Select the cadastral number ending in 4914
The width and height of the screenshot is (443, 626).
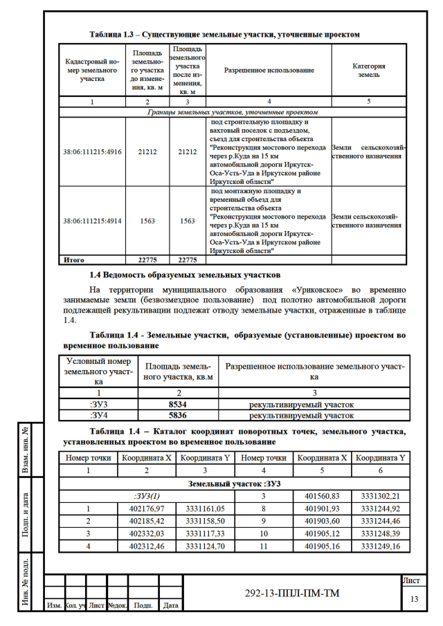coord(92,221)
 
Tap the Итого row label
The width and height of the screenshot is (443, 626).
coord(74,260)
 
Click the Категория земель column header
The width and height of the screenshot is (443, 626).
coord(368,70)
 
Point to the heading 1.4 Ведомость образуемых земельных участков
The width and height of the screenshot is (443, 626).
coord(185,275)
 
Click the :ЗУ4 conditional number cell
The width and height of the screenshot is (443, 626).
coord(98,415)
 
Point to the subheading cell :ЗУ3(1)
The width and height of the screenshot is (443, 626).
coord(147,496)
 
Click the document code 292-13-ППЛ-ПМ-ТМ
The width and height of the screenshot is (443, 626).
coord(293,593)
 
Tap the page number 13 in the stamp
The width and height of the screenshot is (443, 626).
coord(414,598)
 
